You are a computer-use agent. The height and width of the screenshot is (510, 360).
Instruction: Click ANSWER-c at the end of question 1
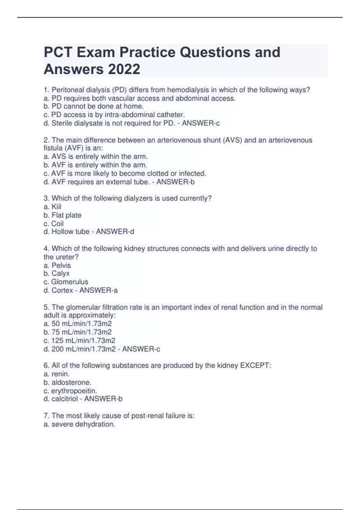point(201,123)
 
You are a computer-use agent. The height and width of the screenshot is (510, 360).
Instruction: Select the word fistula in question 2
point(52,148)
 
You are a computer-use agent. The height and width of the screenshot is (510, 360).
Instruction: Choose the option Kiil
point(56,207)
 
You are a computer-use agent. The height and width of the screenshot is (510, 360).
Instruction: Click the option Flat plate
point(66,215)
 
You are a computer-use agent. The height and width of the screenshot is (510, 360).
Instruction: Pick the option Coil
point(57,223)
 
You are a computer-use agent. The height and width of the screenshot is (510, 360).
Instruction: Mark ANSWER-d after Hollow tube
point(115,232)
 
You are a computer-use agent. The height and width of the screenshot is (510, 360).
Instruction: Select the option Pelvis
point(61,265)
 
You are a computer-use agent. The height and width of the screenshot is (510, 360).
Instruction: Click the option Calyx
point(61,273)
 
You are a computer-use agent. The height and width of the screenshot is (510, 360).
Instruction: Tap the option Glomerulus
point(70,282)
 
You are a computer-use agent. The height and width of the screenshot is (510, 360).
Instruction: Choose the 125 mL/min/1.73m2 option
point(83,340)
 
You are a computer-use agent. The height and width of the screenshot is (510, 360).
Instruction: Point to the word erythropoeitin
point(74,391)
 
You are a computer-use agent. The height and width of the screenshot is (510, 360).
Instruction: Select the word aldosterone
point(71,382)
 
